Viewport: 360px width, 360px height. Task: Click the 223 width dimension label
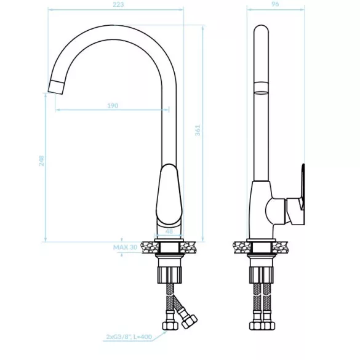pos(118,4)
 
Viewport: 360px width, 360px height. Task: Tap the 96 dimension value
pos(275,4)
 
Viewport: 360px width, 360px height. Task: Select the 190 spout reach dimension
pos(113,106)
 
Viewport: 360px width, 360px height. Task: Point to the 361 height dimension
pos(198,130)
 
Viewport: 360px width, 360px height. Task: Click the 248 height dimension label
pos(41,161)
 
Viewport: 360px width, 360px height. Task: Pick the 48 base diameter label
pos(169,231)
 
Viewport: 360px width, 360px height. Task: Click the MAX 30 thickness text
pos(125,247)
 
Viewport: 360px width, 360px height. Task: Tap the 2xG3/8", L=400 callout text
pos(129,337)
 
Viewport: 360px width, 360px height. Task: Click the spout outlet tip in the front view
pos(55,87)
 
